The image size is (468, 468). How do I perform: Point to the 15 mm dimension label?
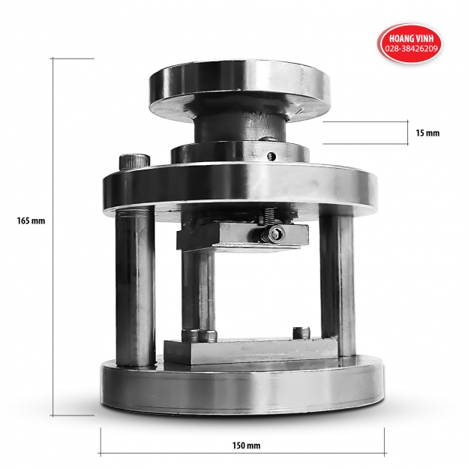pyautogui.click(x=427, y=133)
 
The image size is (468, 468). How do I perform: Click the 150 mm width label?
pyautogui.click(x=247, y=445)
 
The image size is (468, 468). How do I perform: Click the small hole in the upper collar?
pyautogui.click(x=274, y=156)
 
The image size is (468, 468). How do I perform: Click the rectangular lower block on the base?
pyautogui.click(x=247, y=350)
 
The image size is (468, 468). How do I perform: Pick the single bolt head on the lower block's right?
pyautogui.click(x=302, y=332)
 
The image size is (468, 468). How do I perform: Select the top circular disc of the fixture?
pyautogui.click(x=238, y=86)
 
